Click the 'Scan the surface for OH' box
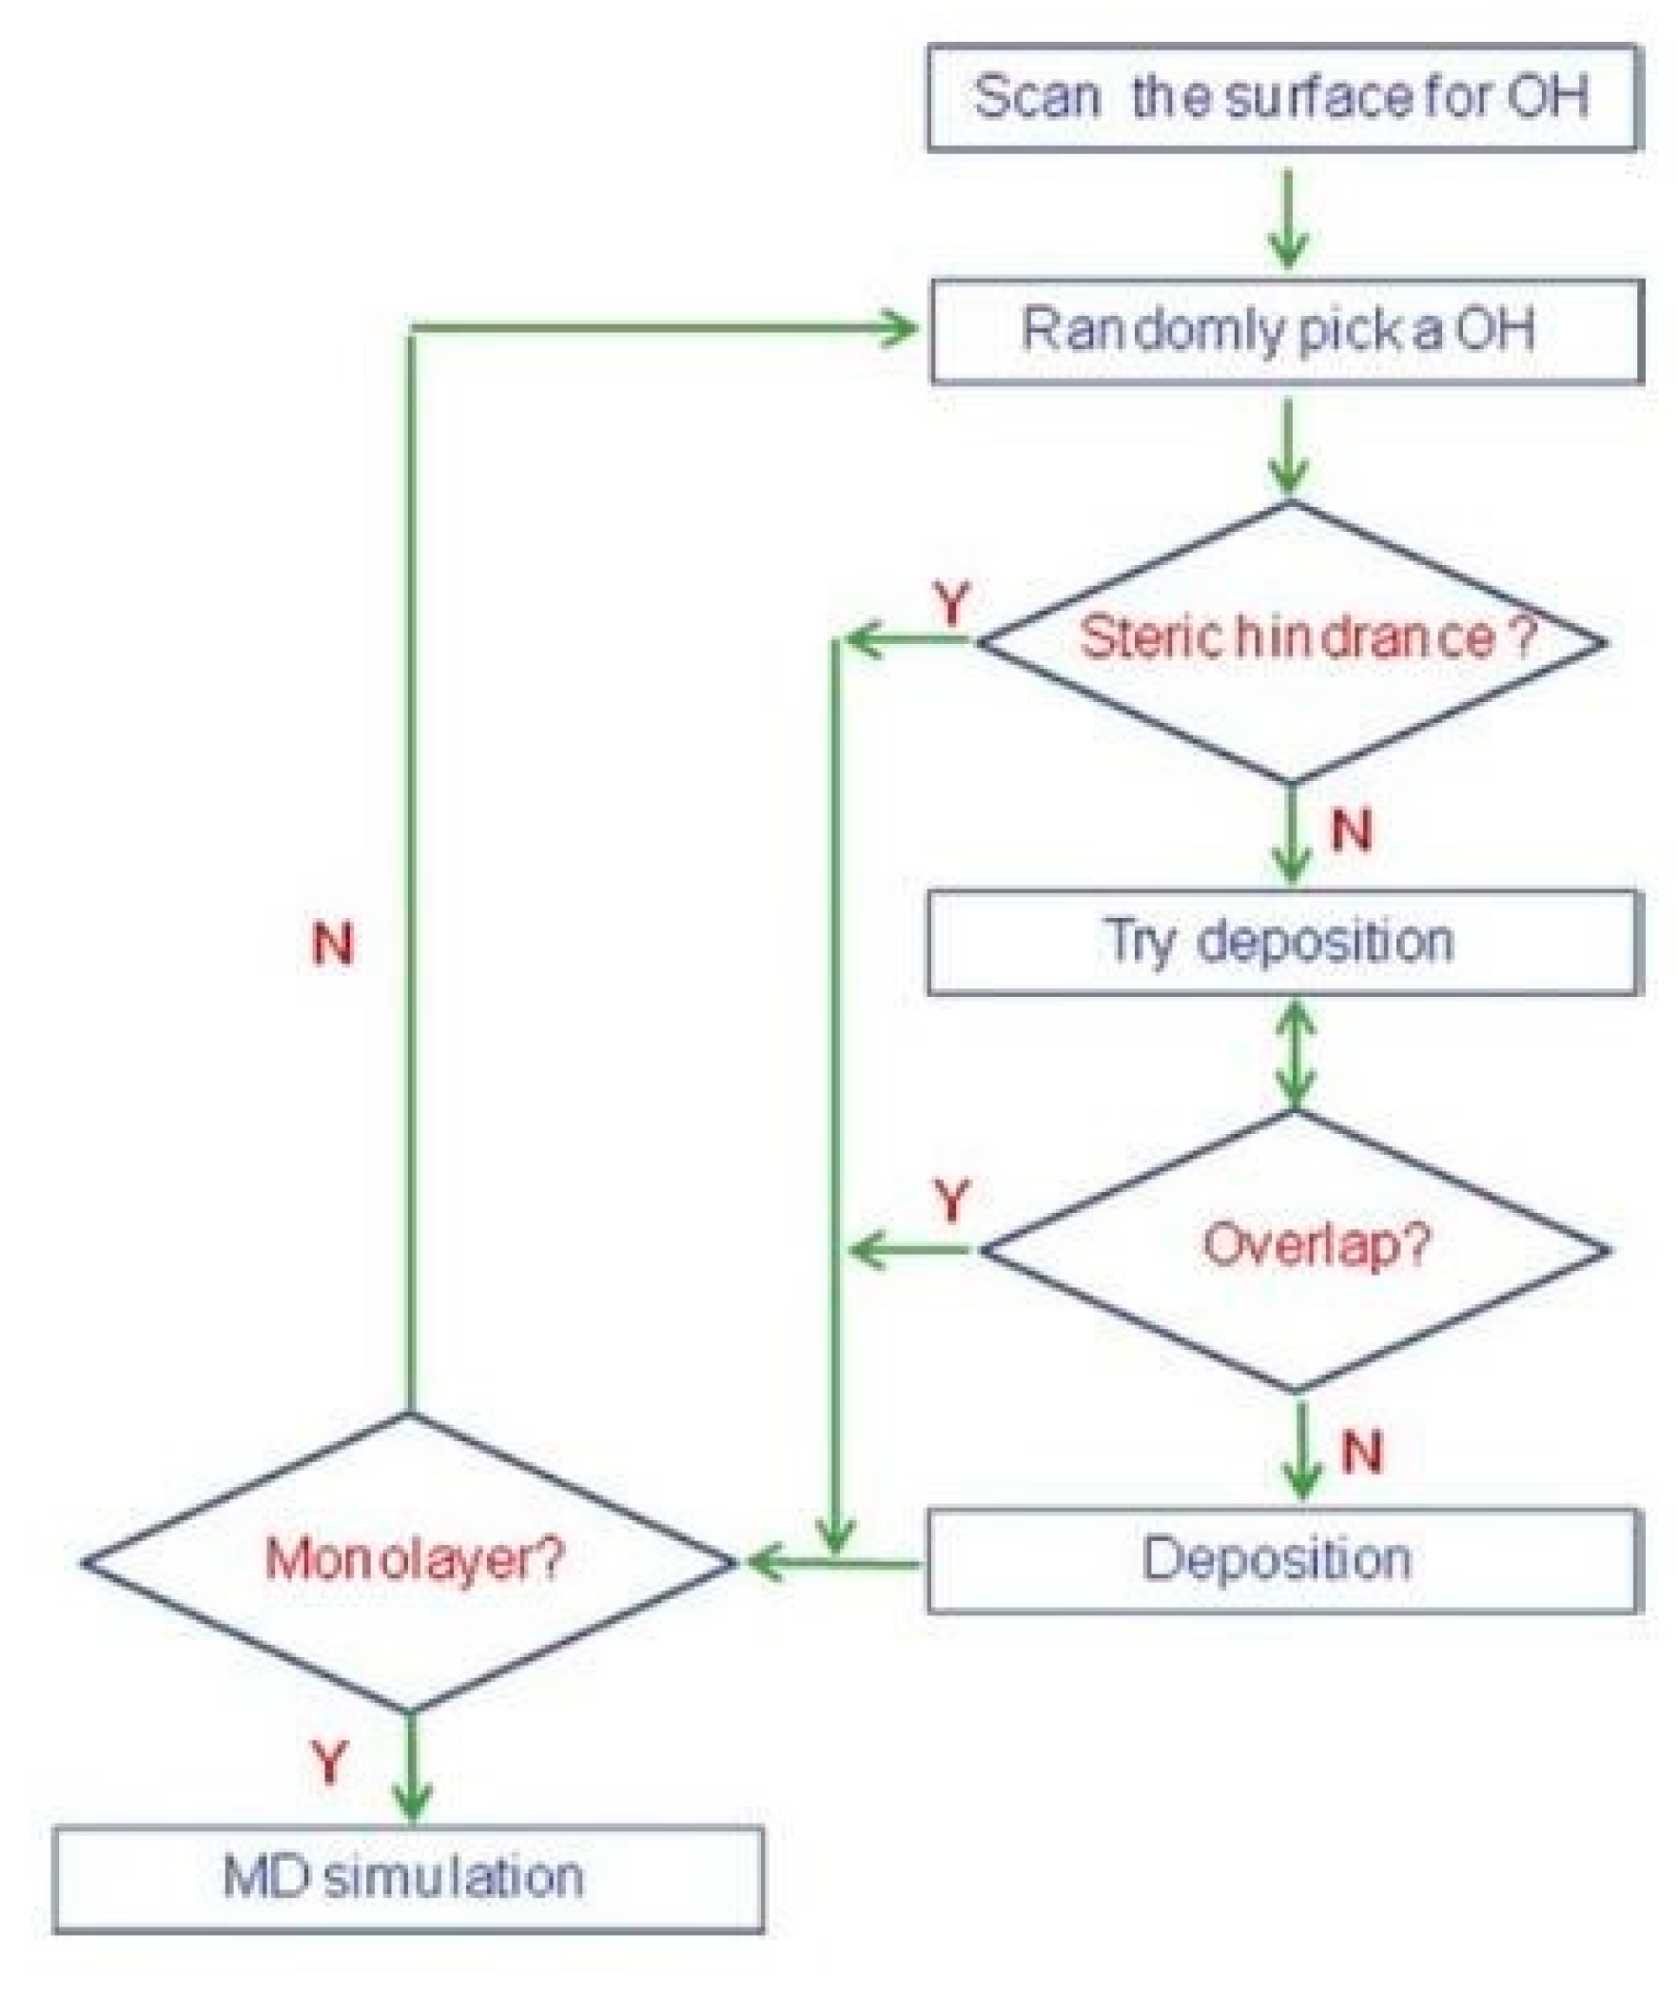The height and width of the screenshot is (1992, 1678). [1284, 98]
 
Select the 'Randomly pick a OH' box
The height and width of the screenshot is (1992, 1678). [1286, 331]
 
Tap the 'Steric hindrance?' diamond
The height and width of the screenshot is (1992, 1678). [1292, 641]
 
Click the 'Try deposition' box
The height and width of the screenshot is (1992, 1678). [1284, 942]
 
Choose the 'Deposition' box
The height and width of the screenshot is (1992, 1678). [1284, 1560]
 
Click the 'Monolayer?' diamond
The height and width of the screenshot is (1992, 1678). [409, 1560]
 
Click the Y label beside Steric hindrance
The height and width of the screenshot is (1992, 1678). [951, 603]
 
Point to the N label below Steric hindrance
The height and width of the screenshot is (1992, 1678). [1352, 830]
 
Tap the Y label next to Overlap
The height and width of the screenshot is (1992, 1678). [951, 1201]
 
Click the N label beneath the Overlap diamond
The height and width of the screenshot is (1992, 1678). [1361, 1452]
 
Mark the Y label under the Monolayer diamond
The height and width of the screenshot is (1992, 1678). [329, 1762]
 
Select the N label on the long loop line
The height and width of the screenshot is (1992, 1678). [333, 944]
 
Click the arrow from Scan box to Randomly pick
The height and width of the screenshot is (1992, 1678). [1288, 219]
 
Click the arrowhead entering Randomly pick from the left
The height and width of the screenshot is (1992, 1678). [899, 329]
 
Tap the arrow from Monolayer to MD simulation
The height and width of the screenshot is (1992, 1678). [411, 1769]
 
